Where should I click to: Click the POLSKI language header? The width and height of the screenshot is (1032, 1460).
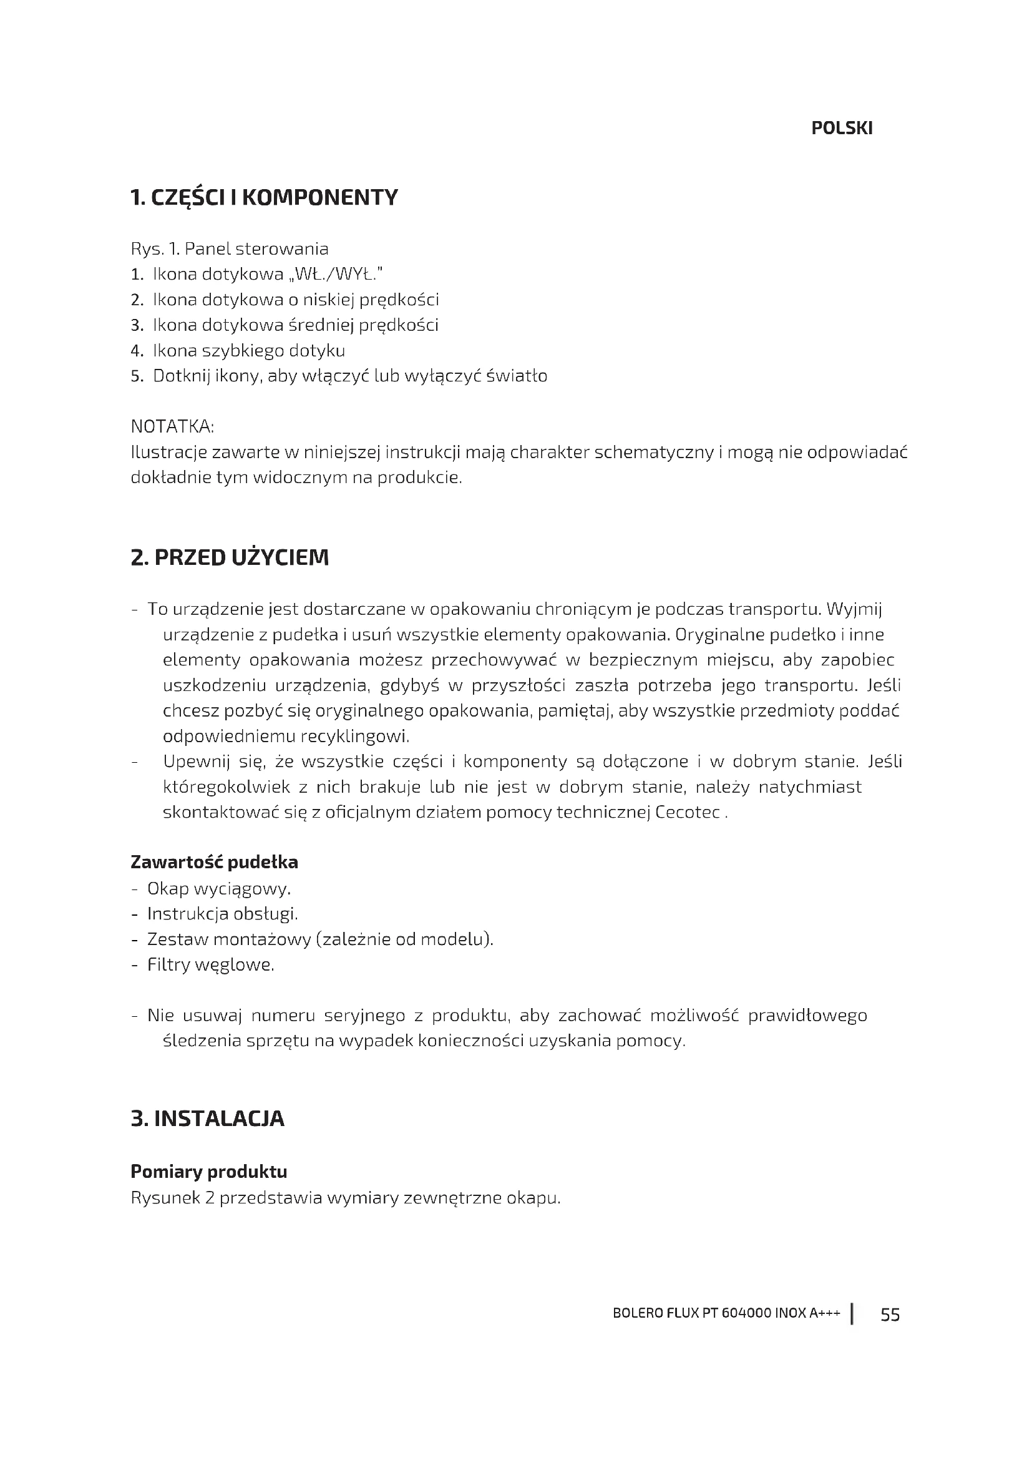[x=841, y=129]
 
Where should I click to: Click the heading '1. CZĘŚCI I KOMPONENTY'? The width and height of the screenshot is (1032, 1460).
[x=264, y=198]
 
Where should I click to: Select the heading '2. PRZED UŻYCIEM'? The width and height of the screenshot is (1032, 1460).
[x=230, y=557]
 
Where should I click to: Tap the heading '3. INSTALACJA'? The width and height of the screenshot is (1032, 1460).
[x=207, y=1119]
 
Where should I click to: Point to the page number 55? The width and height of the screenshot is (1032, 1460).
[x=890, y=1315]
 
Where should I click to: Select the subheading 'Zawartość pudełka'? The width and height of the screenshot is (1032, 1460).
[x=214, y=862]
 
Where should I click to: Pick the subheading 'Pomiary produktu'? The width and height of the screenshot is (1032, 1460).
[x=208, y=1172]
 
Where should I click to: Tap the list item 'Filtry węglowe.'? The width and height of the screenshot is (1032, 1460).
[x=210, y=964]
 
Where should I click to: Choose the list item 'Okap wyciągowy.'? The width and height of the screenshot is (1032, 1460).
[x=218, y=888]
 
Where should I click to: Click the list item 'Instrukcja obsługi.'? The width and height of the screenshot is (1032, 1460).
[x=222, y=914]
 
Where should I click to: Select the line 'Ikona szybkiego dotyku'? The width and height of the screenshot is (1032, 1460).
[x=248, y=350]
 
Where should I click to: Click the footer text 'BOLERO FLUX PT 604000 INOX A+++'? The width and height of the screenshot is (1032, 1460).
[x=726, y=1314]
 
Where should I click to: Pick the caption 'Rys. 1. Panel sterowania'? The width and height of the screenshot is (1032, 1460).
[x=230, y=248]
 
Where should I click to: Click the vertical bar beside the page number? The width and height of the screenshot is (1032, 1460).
[x=852, y=1314]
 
